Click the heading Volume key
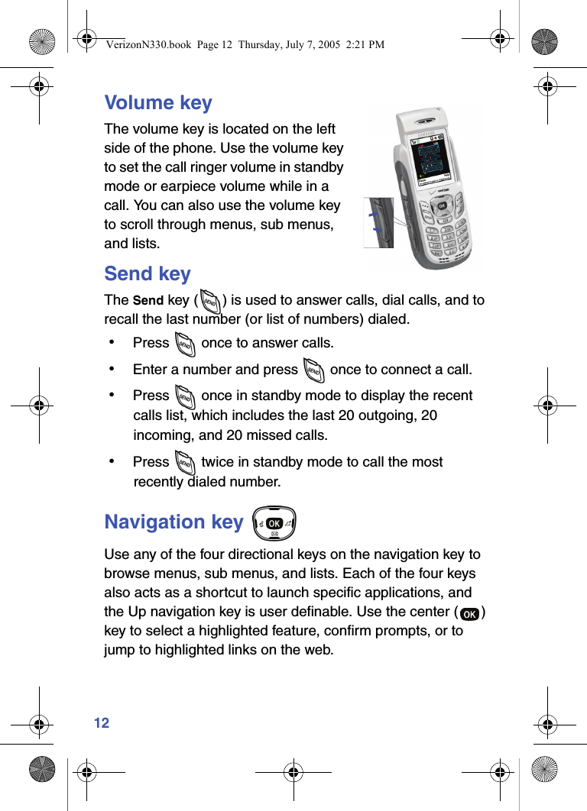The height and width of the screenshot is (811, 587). (x=158, y=102)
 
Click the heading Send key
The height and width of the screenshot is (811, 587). (x=148, y=273)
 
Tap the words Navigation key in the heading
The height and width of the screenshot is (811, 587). (x=174, y=522)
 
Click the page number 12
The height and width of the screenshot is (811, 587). (x=102, y=722)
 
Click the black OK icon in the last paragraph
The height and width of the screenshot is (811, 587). (x=471, y=614)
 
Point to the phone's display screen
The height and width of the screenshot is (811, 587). (x=433, y=159)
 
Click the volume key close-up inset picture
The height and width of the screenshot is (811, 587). (x=378, y=222)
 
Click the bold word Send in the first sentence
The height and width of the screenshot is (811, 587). (x=148, y=300)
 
